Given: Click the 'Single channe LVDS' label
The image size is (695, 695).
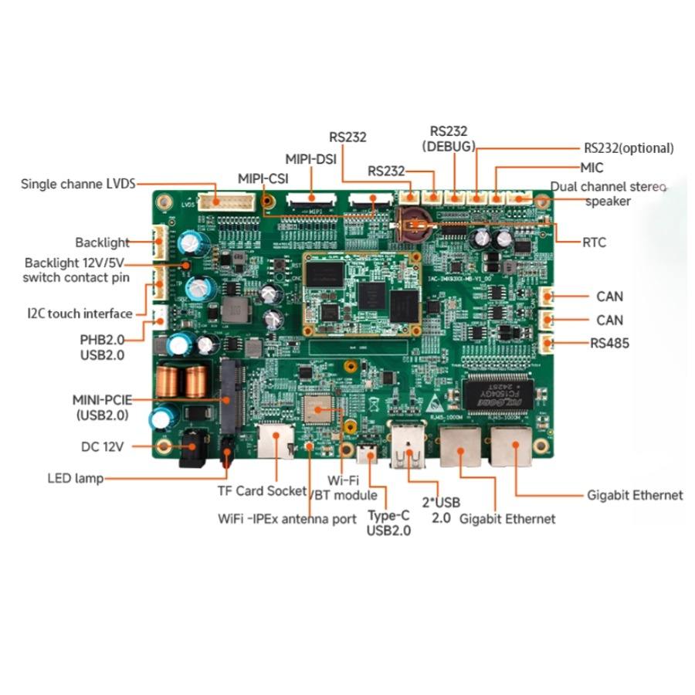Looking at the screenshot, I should coord(78,184).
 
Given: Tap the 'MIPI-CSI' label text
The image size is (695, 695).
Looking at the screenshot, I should coord(263,178).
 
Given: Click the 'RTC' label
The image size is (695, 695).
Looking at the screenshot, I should coord(594,242).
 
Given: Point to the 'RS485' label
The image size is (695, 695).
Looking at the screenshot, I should coord(609,344).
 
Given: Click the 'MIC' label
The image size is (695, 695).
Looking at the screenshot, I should coord(592,168).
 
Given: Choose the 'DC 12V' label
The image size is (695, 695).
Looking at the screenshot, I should coord(103,446).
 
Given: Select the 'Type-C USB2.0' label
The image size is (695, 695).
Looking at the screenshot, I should coord(388,523).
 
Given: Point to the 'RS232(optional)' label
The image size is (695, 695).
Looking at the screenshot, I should coord(629,148).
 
